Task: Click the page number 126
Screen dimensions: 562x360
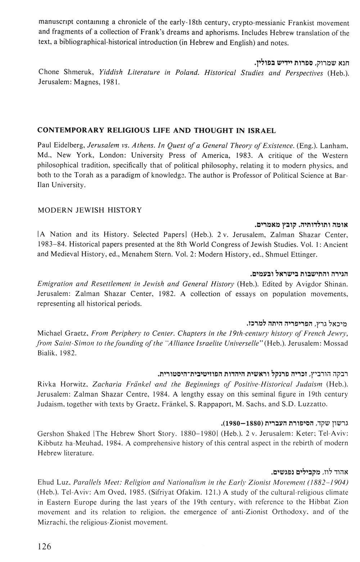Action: [x=45, y=547]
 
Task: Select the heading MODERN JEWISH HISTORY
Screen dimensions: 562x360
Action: [x=90, y=210]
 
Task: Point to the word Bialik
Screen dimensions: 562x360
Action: [x=46, y=353]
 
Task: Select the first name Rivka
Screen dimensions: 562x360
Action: [x=48, y=384]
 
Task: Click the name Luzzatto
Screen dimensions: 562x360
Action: [x=313, y=404]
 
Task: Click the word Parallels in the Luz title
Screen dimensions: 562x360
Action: [x=82, y=482]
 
